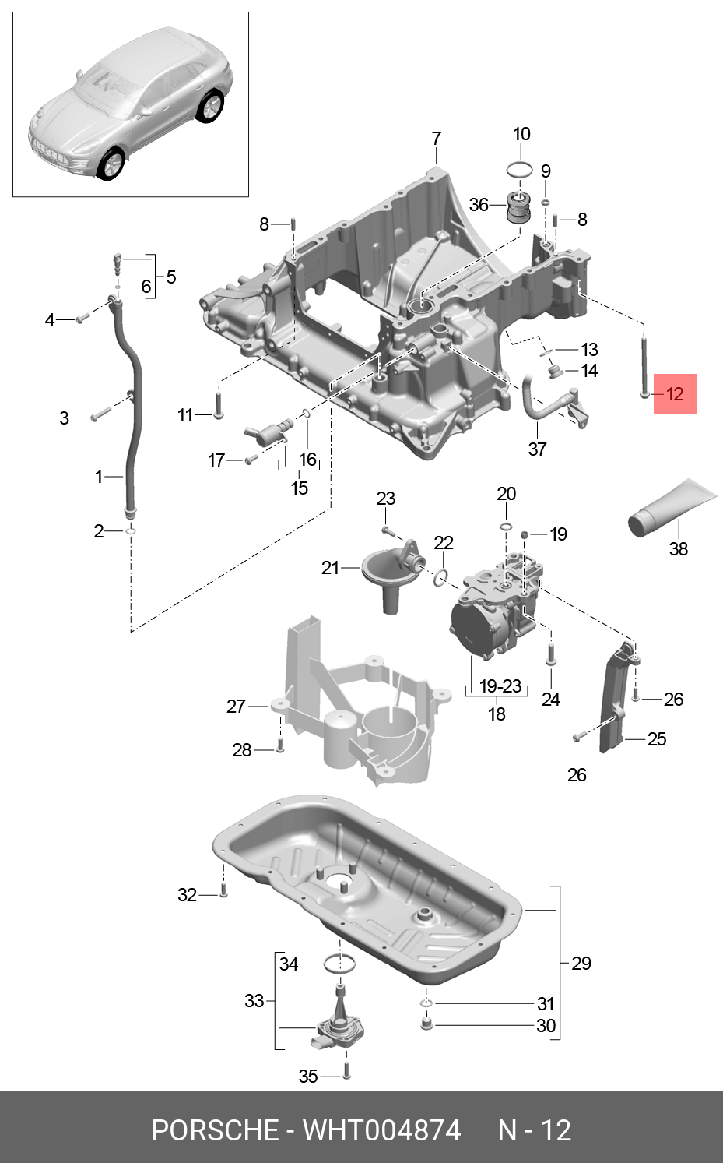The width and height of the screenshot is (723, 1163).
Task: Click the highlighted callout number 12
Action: click(674, 393)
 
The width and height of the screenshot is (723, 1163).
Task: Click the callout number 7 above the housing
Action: click(436, 139)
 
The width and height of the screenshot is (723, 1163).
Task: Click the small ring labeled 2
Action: click(130, 530)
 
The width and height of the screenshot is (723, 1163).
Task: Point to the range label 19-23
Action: click(500, 686)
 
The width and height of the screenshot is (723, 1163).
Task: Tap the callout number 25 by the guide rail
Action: click(656, 738)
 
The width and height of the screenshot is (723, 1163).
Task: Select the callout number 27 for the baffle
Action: click(236, 706)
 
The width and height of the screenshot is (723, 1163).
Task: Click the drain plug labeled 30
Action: click(426, 1023)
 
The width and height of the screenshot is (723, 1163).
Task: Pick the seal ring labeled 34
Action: click(339, 964)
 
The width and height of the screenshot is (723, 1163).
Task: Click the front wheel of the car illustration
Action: click(111, 164)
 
